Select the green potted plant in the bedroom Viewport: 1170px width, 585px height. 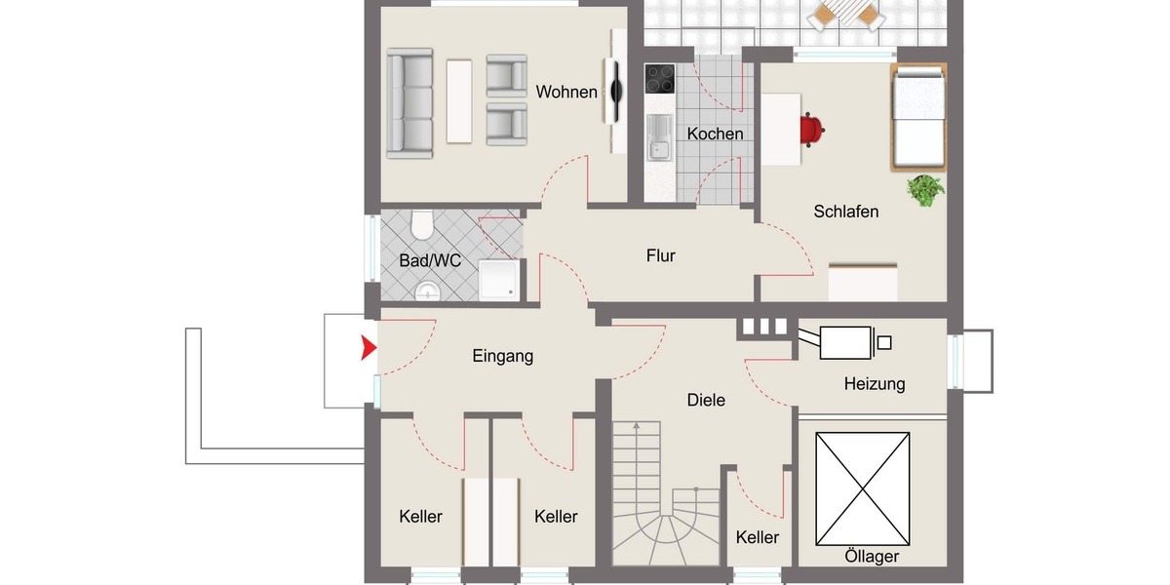tap(924, 189)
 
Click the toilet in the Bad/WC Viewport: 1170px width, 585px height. tap(422, 226)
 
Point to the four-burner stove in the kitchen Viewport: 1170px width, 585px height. tap(660, 78)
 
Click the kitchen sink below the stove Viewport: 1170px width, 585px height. tap(660, 136)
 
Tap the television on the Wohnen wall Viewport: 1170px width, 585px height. tap(616, 92)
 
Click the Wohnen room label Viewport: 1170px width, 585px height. tap(566, 93)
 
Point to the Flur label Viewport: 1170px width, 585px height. tap(660, 256)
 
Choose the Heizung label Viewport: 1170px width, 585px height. tap(874, 384)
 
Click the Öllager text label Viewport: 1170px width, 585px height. tap(872, 557)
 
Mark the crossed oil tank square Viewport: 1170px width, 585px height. tap(863, 487)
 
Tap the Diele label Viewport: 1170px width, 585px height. tap(706, 400)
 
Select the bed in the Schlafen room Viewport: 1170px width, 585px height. tap(918, 117)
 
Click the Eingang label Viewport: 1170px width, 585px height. tap(503, 357)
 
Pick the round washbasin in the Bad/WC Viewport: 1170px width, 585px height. tap(427, 292)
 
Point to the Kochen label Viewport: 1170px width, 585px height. tap(715, 135)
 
